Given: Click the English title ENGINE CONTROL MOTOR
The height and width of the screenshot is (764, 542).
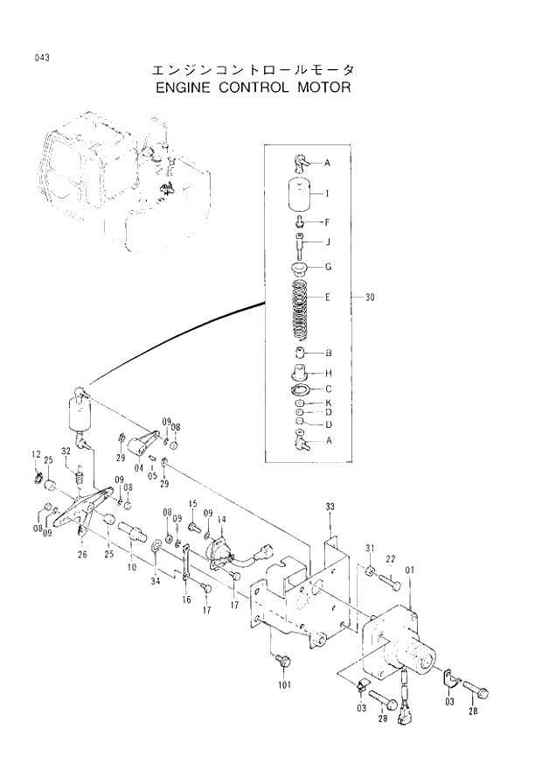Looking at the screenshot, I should (x=252, y=88).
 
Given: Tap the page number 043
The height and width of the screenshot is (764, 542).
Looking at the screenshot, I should (x=42, y=58).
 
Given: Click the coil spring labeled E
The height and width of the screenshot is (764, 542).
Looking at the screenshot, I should (x=300, y=311).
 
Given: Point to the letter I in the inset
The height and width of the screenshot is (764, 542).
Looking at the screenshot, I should (x=327, y=193).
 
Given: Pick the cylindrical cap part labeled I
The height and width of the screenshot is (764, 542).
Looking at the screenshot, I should (x=300, y=193).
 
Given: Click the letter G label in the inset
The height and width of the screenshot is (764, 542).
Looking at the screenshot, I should (x=327, y=266).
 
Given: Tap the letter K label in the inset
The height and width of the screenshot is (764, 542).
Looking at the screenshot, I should (x=327, y=403).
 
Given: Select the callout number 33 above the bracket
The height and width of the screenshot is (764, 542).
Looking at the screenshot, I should (x=330, y=507).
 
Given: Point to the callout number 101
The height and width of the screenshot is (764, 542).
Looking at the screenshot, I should (x=283, y=685).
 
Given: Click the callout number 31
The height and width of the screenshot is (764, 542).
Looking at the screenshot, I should (x=370, y=549).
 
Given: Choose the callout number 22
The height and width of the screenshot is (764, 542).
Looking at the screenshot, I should (x=391, y=559).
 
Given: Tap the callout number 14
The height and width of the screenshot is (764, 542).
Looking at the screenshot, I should (x=221, y=520).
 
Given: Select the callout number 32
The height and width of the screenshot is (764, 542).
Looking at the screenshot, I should (x=66, y=452).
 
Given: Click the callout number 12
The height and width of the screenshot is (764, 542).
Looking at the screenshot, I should (x=36, y=453).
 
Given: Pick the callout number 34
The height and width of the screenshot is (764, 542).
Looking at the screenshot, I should (x=155, y=580).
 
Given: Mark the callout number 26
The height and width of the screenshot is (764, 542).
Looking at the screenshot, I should (x=81, y=554).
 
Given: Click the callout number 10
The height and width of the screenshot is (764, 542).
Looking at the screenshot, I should (x=131, y=567).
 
